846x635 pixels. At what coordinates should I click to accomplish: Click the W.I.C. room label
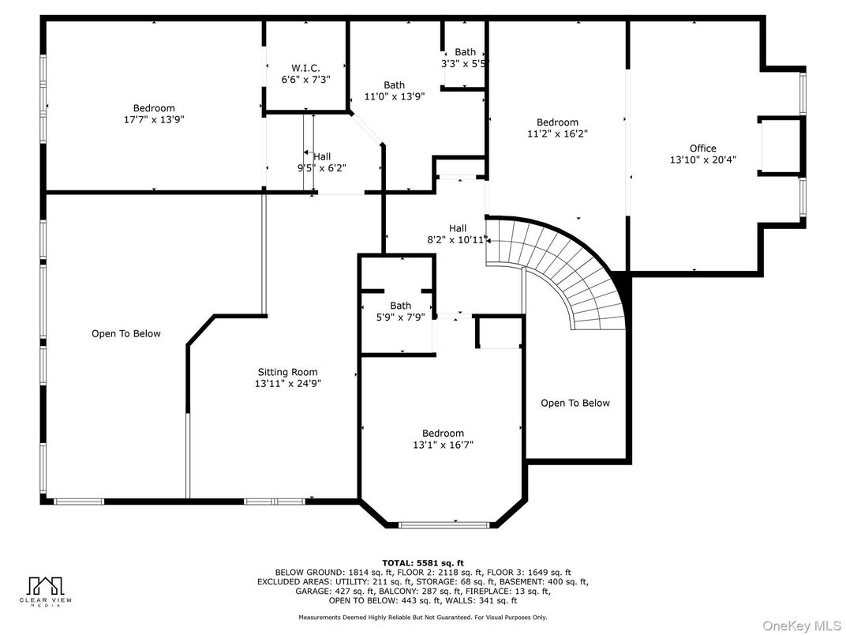[305, 68]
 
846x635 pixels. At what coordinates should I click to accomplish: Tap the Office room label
[702, 148]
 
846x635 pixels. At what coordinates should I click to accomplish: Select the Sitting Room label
[287, 372]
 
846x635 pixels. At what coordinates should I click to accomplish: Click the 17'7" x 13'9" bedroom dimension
[154, 119]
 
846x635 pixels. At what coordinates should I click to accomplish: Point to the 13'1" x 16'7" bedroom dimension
[443, 445]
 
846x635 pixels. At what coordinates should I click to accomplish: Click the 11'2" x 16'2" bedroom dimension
[557, 133]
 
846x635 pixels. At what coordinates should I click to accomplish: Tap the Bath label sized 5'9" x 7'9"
[400, 306]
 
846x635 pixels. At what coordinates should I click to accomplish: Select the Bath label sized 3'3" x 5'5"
[465, 52]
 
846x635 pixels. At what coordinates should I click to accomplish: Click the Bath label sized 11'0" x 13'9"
[394, 85]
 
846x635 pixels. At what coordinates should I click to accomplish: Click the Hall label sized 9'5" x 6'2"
[322, 156]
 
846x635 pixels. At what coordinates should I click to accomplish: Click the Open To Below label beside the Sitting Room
[126, 333]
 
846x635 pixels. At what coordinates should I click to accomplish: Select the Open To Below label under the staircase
[575, 403]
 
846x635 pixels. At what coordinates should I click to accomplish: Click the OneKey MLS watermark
[801, 625]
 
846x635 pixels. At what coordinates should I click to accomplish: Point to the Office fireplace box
[780, 146]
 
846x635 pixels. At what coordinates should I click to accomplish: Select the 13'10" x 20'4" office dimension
[702, 160]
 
